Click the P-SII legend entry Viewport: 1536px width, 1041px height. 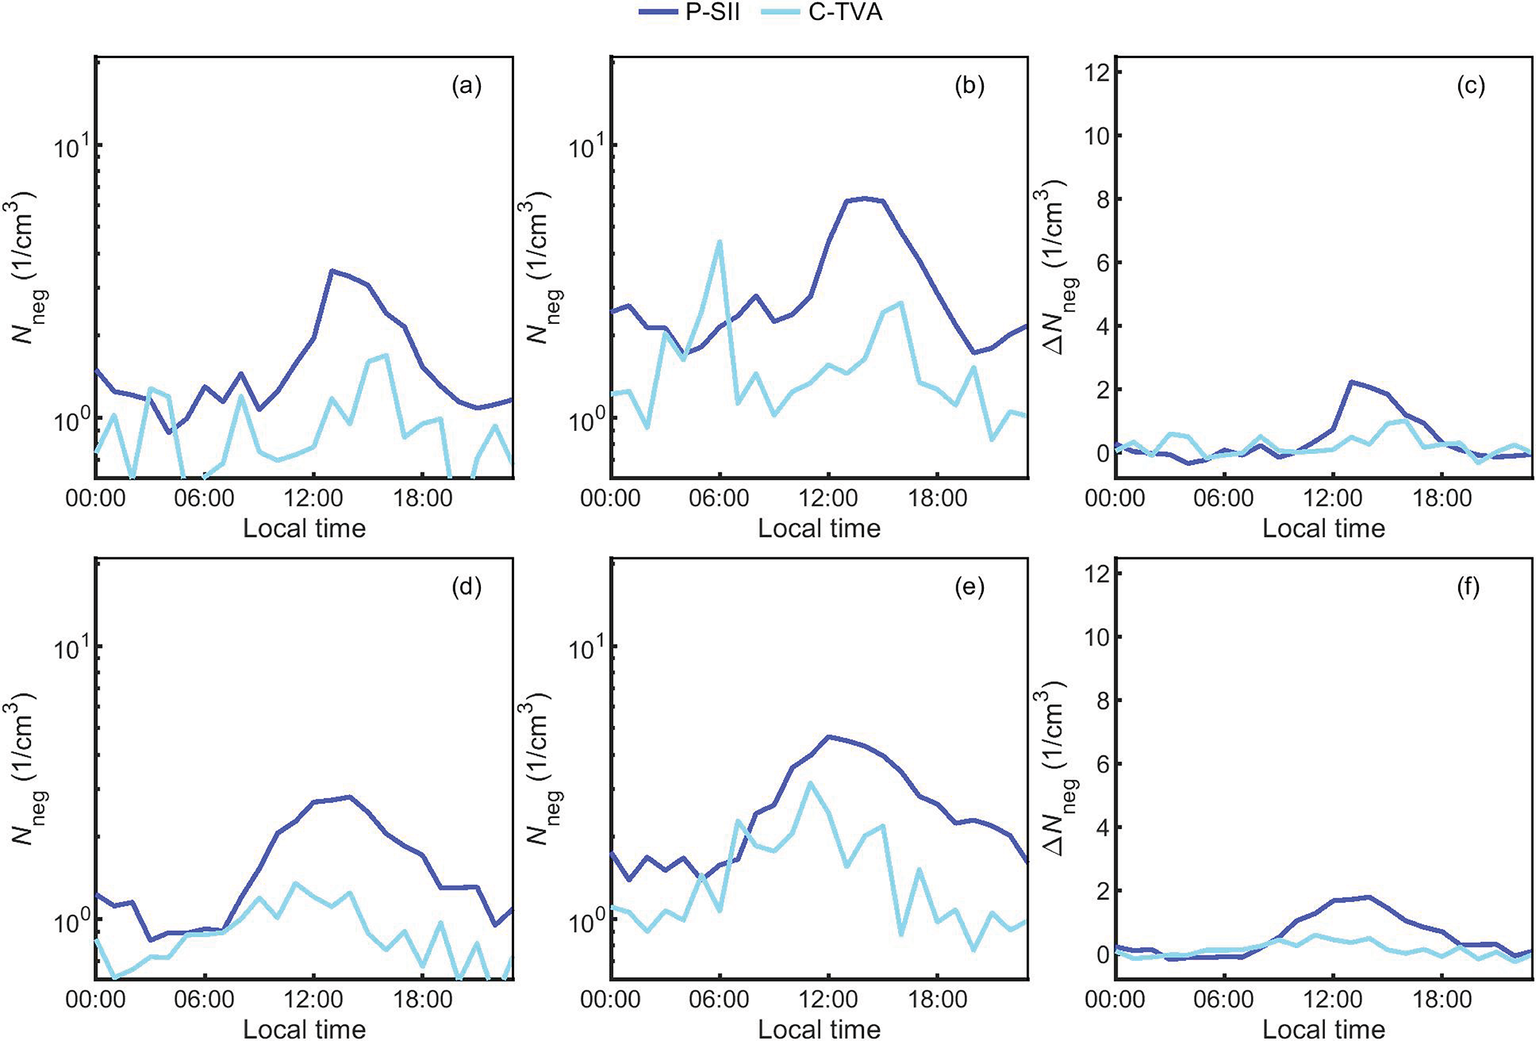point(690,12)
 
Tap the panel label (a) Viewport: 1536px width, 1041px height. point(467,86)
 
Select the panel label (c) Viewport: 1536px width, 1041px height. point(1470,86)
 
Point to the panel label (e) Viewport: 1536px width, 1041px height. point(969,587)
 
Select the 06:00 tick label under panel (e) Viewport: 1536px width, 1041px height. point(719,999)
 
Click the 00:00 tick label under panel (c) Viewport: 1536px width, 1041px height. point(1115,498)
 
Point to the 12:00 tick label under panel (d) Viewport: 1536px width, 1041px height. point(314,999)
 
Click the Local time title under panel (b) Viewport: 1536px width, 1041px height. point(819,528)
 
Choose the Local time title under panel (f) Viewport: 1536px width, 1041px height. point(1323,1030)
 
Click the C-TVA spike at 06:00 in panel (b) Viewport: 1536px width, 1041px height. point(719,241)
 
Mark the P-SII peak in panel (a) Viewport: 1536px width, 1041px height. point(331,270)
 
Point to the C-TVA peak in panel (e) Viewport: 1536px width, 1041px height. point(810,782)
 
